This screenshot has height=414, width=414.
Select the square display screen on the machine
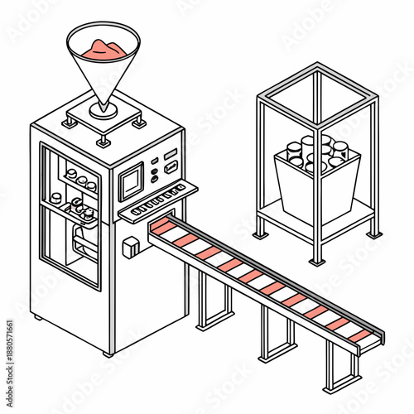point(130,181)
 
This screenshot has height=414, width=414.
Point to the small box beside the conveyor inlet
point(130,246)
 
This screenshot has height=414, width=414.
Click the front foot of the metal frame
point(315,261)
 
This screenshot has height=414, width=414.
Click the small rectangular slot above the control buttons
point(171,154)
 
